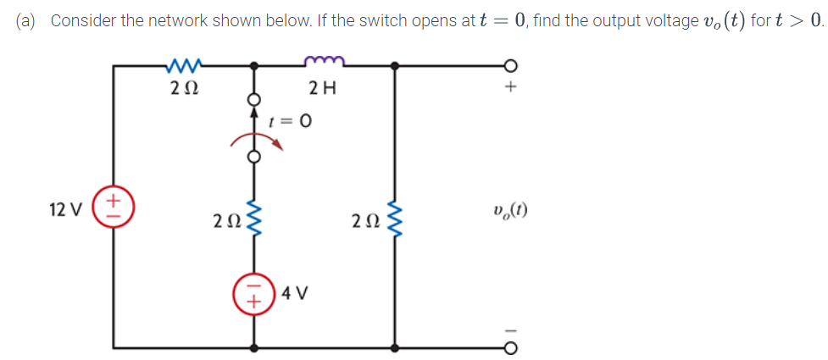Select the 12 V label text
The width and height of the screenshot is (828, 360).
[65, 209]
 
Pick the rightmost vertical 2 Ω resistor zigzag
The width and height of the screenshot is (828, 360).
[392, 222]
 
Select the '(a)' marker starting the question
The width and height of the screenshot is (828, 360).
[29, 21]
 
